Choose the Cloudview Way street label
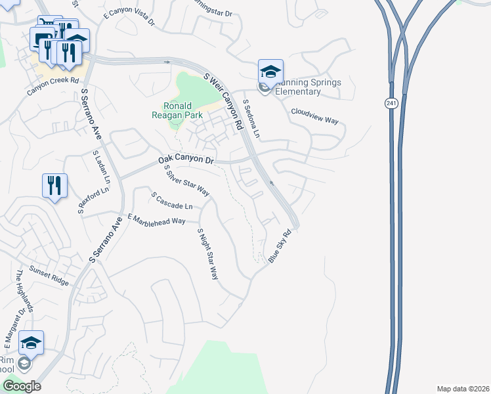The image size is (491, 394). (x=314, y=116)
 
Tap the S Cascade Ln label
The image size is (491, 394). (x=171, y=201)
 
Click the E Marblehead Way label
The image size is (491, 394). (x=157, y=220)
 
